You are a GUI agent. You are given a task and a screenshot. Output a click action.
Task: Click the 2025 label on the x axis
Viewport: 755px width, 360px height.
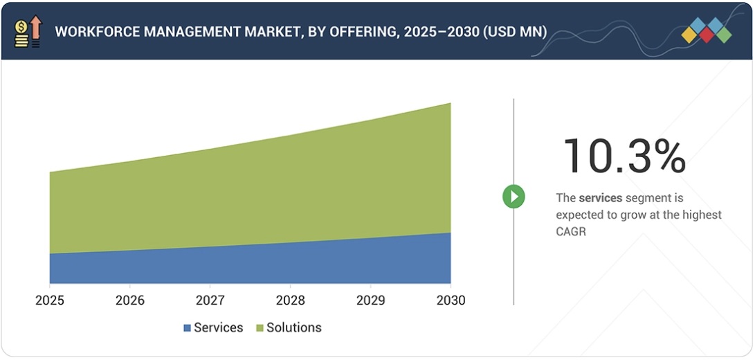pyautogui.click(x=50, y=300)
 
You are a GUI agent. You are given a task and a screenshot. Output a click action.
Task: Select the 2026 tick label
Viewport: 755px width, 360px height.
pyautogui.click(x=130, y=300)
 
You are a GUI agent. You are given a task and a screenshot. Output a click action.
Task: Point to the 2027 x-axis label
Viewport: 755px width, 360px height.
pyautogui.click(x=210, y=300)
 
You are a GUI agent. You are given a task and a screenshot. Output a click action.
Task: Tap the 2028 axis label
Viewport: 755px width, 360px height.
pyautogui.click(x=290, y=300)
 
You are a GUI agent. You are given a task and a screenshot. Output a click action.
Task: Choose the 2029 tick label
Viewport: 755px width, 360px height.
pyautogui.click(x=370, y=300)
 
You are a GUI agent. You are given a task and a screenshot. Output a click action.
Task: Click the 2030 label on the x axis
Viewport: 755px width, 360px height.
pyautogui.click(x=451, y=300)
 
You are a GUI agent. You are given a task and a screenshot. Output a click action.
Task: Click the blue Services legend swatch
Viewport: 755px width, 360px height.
pyautogui.click(x=187, y=328)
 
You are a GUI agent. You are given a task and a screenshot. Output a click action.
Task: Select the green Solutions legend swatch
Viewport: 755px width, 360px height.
pyautogui.click(x=260, y=328)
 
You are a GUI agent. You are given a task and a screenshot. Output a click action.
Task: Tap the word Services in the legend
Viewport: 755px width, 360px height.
pyautogui.click(x=218, y=328)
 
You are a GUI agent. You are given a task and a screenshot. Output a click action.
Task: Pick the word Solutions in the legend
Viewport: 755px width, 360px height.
pyautogui.click(x=294, y=328)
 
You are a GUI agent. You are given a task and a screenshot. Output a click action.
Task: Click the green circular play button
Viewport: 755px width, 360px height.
pyautogui.click(x=513, y=197)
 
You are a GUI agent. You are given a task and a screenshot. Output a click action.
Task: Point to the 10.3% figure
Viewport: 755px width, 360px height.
pyautogui.click(x=624, y=156)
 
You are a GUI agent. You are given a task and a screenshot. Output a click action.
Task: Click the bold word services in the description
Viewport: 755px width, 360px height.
pyautogui.click(x=601, y=198)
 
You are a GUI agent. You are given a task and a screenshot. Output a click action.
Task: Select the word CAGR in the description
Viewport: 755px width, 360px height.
pyautogui.click(x=571, y=232)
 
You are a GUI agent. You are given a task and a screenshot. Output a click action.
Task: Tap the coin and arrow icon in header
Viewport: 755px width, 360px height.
pyautogui.click(x=28, y=32)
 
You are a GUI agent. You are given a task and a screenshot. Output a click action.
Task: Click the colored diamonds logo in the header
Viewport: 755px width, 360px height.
pyautogui.click(x=706, y=31)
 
